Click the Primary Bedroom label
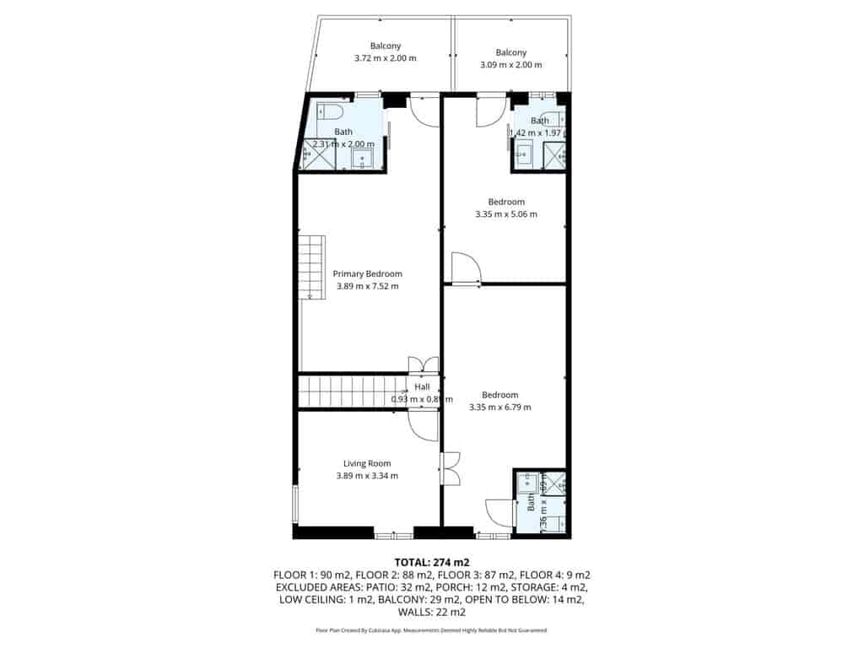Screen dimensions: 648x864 point(367,273)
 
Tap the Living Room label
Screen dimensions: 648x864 point(367,463)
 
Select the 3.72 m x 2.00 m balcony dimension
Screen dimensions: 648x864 point(386,58)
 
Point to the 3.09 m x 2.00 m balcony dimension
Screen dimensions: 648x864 point(510,64)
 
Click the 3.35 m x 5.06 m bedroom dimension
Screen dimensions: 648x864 point(506,214)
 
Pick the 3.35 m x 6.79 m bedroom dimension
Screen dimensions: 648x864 point(500,408)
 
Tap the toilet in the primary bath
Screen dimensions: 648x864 point(330,112)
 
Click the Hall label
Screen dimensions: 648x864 point(422,386)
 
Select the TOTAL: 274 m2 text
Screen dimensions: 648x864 point(432,562)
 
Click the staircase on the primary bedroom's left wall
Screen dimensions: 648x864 point(312,267)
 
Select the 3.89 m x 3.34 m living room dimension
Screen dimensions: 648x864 point(367,476)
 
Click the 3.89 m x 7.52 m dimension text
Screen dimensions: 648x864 point(367,286)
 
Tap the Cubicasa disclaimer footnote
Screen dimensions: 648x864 point(432,630)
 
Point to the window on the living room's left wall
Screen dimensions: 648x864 point(294,505)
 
